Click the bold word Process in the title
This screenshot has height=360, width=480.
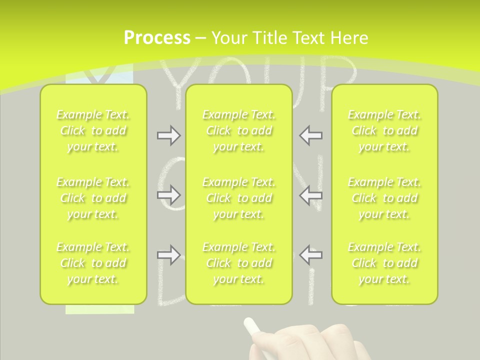[157, 38]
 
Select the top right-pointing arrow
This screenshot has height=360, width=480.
[168, 135]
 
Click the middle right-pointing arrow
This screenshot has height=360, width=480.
[168, 194]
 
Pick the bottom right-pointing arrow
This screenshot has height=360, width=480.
[168, 255]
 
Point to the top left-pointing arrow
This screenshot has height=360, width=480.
[310, 135]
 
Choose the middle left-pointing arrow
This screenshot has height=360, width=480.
[310, 194]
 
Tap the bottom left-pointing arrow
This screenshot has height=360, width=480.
[310, 255]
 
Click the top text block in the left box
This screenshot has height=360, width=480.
[93, 130]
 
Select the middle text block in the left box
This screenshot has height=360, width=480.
[93, 198]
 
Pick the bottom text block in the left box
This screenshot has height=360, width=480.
[93, 263]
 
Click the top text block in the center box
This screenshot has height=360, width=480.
[239, 130]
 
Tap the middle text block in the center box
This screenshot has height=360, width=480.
[239, 198]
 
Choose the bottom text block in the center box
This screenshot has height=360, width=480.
[239, 263]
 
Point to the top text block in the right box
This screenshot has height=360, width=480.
[384, 130]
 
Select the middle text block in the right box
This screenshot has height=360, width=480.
[384, 198]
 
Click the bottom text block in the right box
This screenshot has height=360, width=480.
[384, 263]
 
